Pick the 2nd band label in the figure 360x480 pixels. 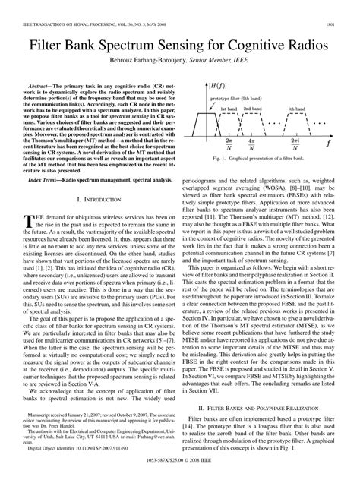(252, 109)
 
